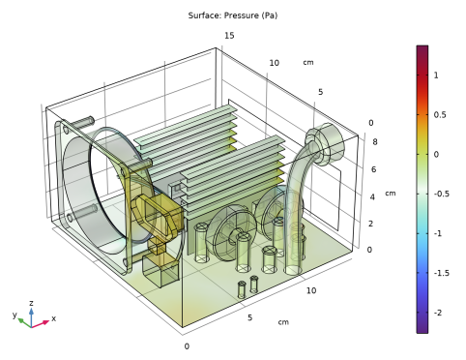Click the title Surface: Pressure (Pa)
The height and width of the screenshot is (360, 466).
pos(233,15)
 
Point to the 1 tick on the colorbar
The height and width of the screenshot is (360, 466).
pos(436,75)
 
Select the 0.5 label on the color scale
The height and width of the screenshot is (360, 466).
pos(440,115)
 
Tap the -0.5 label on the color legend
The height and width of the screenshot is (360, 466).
pos(442,194)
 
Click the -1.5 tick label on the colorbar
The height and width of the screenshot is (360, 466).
pos(442,273)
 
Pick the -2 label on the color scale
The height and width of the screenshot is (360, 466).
pos(438,313)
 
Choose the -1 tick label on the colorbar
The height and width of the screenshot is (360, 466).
pos(438,233)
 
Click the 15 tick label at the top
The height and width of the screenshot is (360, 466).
pos(229,36)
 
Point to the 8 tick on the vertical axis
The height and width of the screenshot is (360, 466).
pos(375,142)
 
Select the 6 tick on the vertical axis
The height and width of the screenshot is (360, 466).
pos(373,169)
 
